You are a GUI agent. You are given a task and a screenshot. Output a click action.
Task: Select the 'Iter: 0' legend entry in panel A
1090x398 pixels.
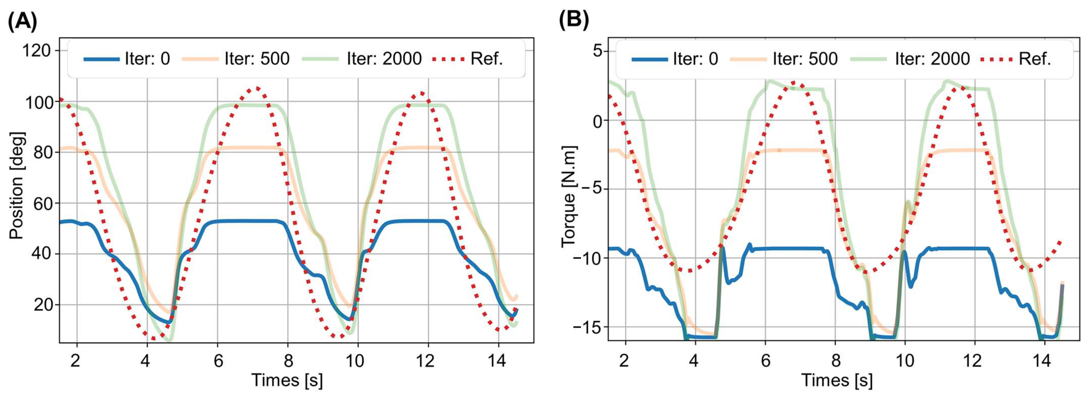pos(127,59)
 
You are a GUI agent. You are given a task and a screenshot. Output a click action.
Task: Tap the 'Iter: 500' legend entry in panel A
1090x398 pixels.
pos(236,59)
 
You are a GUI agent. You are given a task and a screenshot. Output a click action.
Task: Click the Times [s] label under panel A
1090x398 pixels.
pos(287,380)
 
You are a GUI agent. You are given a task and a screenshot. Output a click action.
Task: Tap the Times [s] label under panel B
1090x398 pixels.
pos(836,380)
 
